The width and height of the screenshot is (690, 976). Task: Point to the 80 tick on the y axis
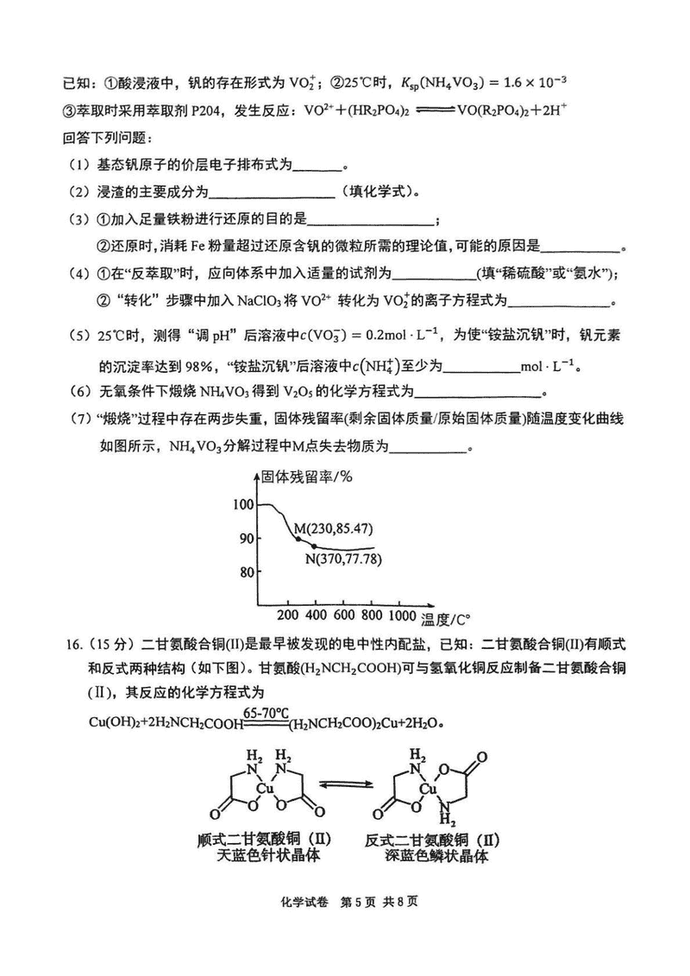(x=246, y=571)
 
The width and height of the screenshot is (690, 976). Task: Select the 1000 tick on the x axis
(x=402, y=615)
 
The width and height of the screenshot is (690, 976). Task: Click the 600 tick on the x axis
(x=344, y=615)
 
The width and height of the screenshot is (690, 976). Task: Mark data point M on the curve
(x=298, y=539)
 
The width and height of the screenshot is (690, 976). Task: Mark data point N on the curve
(x=314, y=546)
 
